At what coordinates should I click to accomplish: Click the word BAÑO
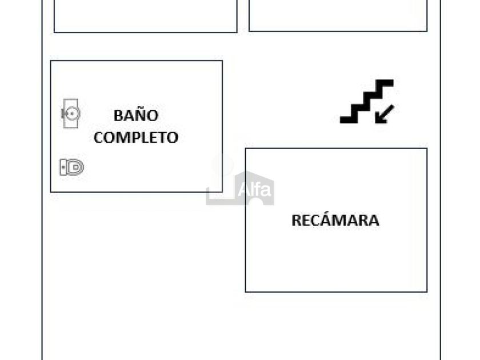coord(135,115)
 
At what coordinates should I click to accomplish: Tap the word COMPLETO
coord(136,138)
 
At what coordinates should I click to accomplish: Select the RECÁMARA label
coord(335,221)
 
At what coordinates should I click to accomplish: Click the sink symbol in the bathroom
coord(71,113)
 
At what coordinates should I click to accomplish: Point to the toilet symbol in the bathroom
coord(72,167)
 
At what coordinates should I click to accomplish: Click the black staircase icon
coord(366,101)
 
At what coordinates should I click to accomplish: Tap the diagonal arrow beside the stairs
coord(385,114)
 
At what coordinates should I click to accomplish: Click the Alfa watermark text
coord(254,189)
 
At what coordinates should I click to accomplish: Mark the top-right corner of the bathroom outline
coord(222,61)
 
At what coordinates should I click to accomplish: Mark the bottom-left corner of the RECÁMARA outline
coord(246,291)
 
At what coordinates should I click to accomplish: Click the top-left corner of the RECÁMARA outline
coord(246,149)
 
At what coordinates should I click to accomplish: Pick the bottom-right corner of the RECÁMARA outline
coord(427,291)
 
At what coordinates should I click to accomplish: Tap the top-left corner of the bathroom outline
coord(51,61)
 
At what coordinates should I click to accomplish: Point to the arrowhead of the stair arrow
coord(378,119)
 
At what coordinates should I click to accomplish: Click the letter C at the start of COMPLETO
coord(98,138)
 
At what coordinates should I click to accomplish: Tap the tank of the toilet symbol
coord(63,167)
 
